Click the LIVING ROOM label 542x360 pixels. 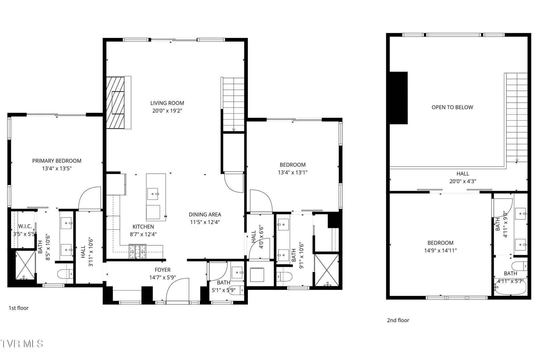[167, 103]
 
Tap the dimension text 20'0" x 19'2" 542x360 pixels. [167, 111]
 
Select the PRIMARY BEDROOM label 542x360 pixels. [57, 161]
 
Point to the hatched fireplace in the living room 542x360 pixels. [115, 103]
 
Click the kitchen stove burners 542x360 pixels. [137, 251]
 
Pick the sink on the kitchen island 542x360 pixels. [153, 194]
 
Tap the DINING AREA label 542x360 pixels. [205, 215]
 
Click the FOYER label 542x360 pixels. [163, 270]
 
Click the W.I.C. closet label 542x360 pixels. [25, 226]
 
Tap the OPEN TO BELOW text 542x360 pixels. [452, 107]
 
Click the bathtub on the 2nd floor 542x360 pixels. [511, 288]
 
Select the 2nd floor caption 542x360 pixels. [398, 320]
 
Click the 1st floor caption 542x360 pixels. [19, 308]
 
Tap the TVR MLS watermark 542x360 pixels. [22, 344]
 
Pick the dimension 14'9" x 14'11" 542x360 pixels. [440, 251]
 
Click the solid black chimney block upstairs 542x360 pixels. [399, 98]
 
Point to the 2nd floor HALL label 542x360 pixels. [463, 174]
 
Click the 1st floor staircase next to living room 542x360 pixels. [233, 105]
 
